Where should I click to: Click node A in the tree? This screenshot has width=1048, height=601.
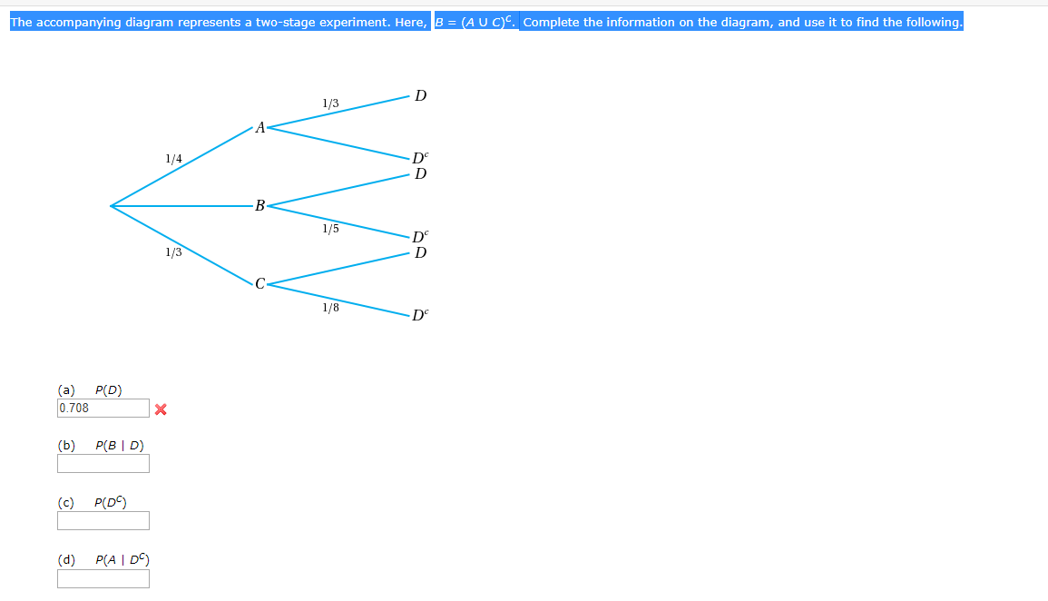point(260,127)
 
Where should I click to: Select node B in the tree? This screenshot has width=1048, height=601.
point(260,206)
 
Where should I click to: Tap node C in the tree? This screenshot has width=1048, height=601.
point(260,284)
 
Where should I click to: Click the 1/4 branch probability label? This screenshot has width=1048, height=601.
point(173,159)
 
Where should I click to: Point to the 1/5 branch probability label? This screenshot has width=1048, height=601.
point(330,229)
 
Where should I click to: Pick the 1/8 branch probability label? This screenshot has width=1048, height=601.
point(330,308)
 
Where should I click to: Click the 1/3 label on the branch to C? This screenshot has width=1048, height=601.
point(173,252)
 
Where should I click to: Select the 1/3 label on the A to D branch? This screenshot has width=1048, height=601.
point(330,103)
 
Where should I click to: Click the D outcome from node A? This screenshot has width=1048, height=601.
point(420,95)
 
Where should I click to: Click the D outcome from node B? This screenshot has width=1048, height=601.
point(420,173)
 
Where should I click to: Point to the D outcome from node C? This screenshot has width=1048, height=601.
point(420,252)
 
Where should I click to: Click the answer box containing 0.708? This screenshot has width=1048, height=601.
point(103,409)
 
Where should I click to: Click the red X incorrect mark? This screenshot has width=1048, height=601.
point(161,409)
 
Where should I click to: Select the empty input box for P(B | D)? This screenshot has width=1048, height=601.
point(103,464)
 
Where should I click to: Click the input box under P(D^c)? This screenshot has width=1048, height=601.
point(103,521)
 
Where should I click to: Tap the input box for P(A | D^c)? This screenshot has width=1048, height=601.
point(103,578)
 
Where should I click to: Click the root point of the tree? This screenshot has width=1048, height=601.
point(111,206)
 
